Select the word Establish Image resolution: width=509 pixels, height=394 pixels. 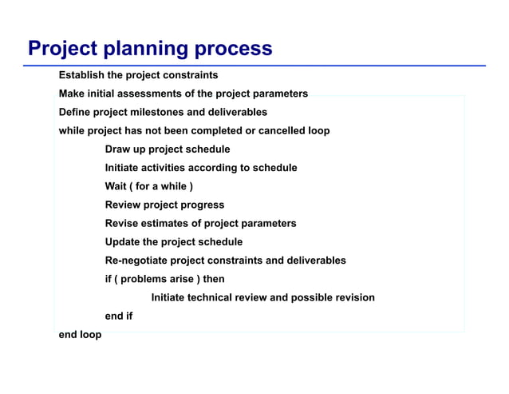click(x=81, y=75)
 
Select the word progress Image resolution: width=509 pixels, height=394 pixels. click(x=202, y=205)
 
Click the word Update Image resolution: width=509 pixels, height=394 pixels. click(x=124, y=241)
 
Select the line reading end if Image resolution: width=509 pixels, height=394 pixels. click(x=119, y=316)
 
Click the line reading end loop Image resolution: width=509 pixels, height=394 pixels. click(x=80, y=334)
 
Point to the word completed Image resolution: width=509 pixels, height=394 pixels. click(x=216, y=130)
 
